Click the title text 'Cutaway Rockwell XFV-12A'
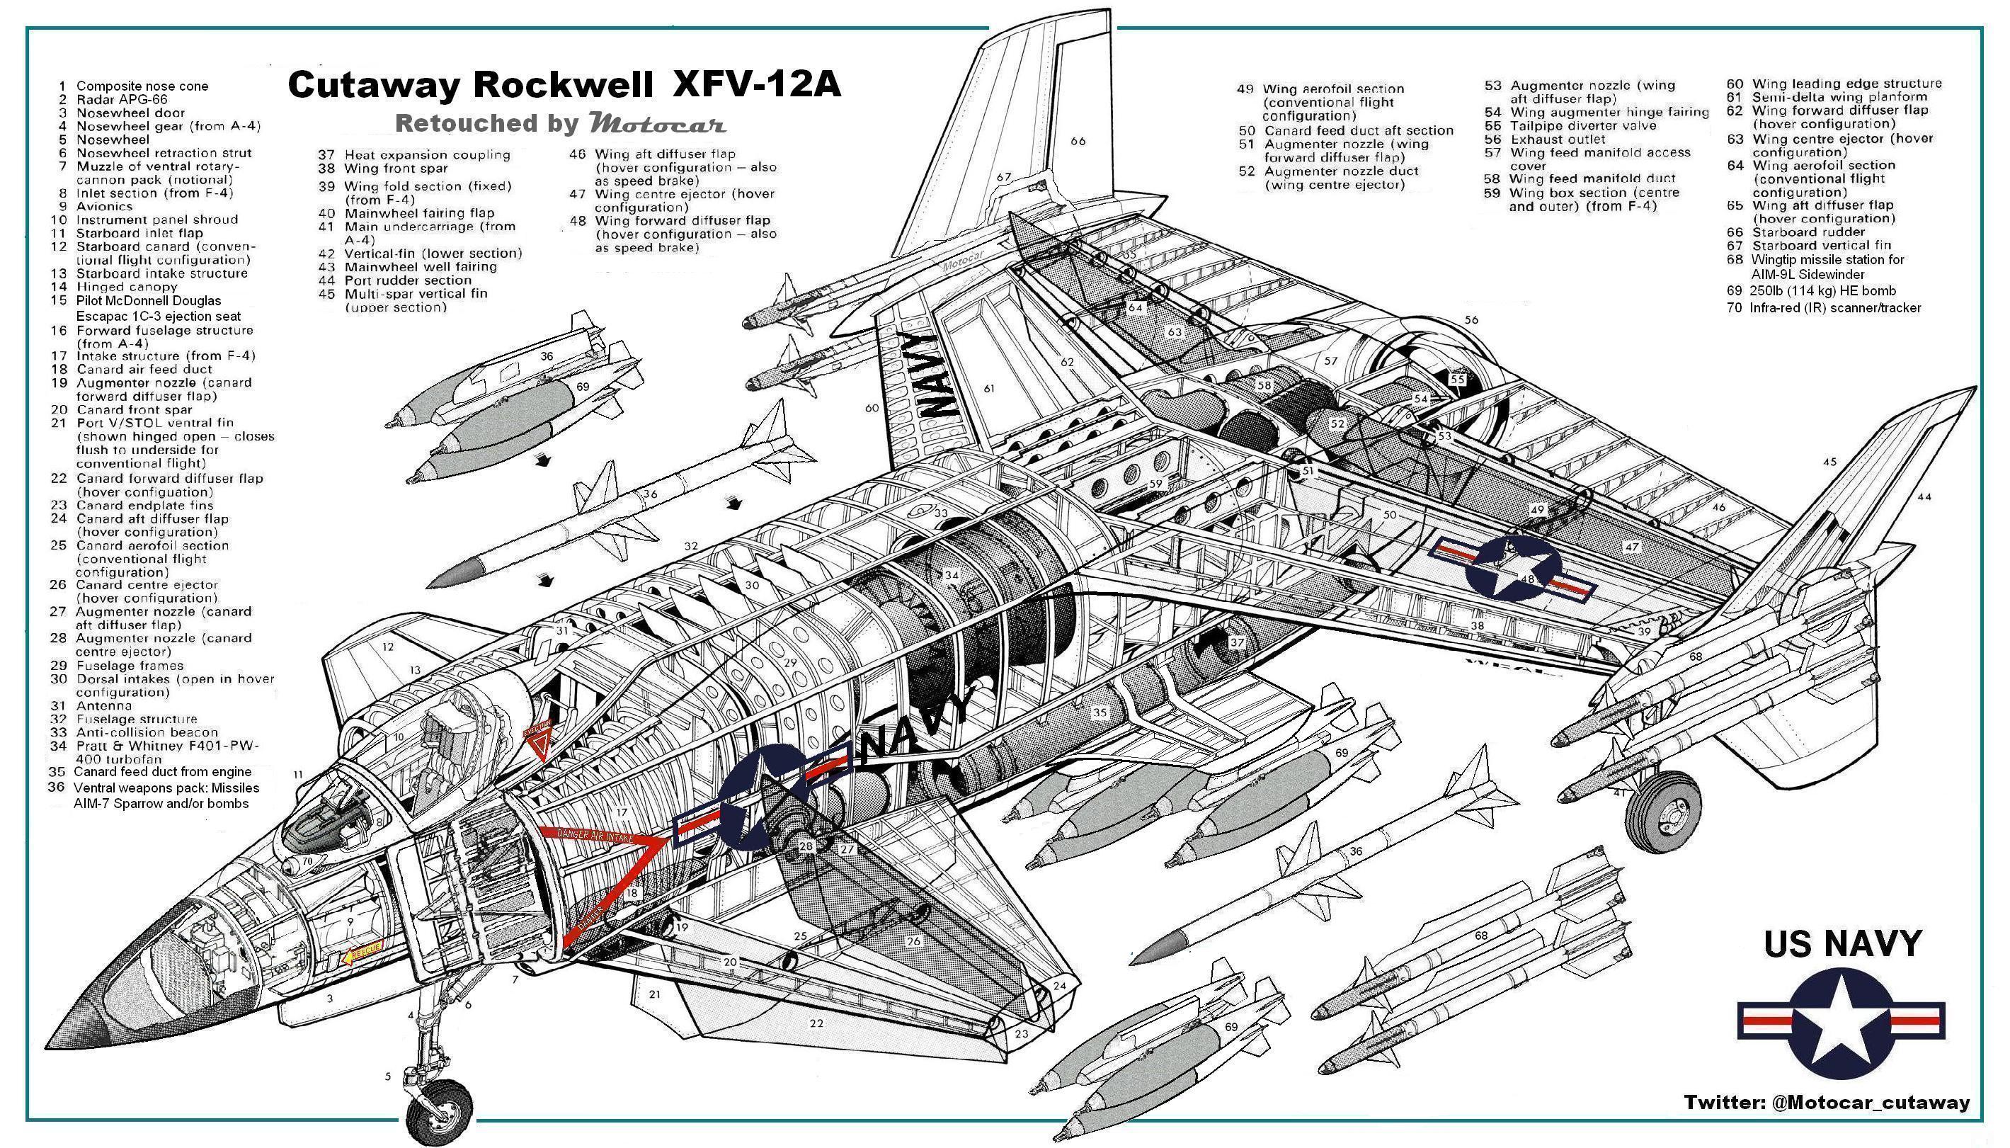click(x=564, y=85)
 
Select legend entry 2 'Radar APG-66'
click(x=122, y=99)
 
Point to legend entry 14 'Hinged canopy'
click(x=126, y=287)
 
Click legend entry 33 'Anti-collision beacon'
click(x=146, y=732)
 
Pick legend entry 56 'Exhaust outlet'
click(x=1556, y=139)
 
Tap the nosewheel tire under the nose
click(x=439, y=1113)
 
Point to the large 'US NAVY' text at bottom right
click(x=1842, y=944)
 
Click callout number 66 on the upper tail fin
click(x=1078, y=141)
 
